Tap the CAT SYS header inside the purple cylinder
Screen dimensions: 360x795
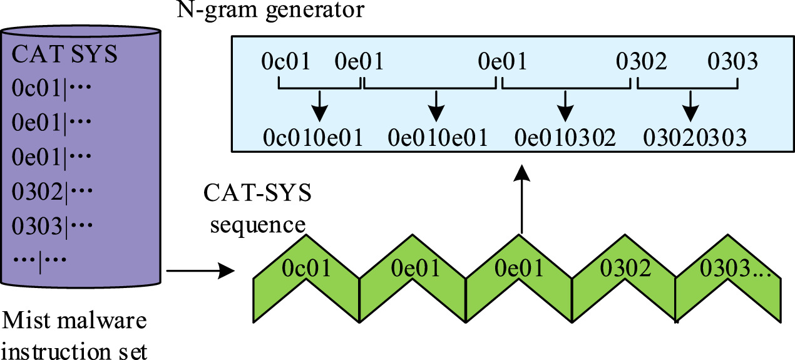coord(65,54)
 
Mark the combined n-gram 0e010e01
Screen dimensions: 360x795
coord(438,137)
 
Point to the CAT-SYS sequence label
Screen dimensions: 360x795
coord(257,208)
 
